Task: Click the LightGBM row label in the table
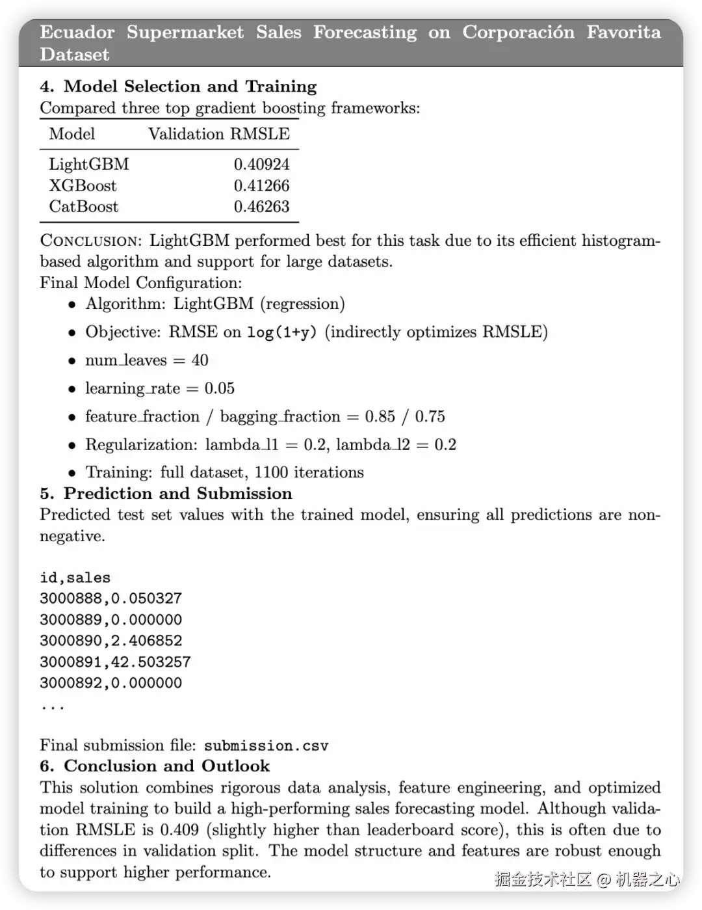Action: click(89, 164)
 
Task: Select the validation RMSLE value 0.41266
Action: click(261, 185)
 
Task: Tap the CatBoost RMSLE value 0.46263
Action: click(261, 207)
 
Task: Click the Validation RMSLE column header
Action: click(219, 134)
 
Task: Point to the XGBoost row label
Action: click(83, 185)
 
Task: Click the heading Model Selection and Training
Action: click(190, 87)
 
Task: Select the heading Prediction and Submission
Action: click(177, 494)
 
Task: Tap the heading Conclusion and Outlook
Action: click(166, 766)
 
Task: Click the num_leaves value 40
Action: click(200, 360)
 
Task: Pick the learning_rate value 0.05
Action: click(220, 388)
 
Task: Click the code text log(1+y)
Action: click(282, 332)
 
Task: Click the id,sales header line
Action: click(75, 578)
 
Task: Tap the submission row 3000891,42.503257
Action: click(115, 662)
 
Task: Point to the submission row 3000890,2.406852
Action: click(110, 641)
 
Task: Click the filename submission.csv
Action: click(266, 745)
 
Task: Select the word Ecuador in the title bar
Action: click(77, 33)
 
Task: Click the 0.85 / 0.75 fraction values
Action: click(405, 416)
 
